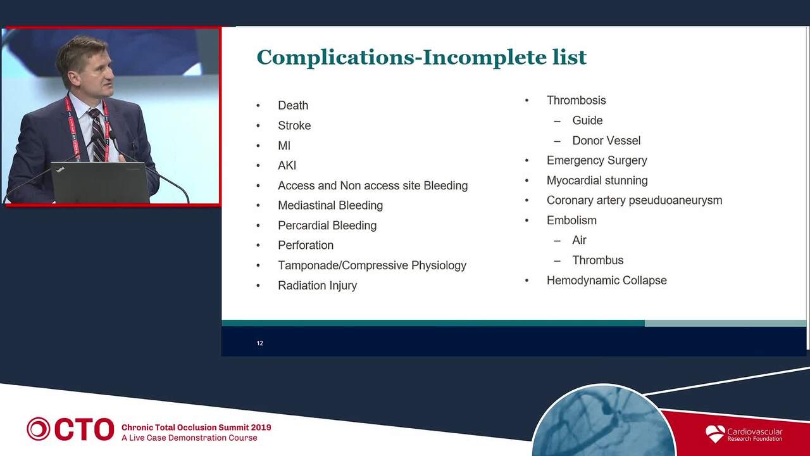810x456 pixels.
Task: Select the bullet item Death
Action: [x=293, y=105]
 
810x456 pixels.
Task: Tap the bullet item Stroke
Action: [x=294, y=125]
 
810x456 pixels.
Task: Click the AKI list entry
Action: [x=287, y=165]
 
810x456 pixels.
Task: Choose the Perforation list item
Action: [x=306, y=245]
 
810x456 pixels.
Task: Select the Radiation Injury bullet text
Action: [x=317, y=286]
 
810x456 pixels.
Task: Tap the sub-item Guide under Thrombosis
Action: [x=587, y=120]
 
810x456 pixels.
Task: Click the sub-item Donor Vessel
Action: [x=606, y=141]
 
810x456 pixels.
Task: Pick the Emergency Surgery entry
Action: [x=597, y=160]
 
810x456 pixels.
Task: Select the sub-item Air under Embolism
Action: [x=579, y=240]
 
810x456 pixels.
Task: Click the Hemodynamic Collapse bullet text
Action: [x=606, y=280]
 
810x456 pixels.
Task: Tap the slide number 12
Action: [x=259, y=343]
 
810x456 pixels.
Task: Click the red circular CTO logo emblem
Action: [x=38, y=429]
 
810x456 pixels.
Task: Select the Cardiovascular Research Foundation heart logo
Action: [x=715, y=434]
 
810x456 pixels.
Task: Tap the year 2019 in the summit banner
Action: [x=261, y=427]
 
